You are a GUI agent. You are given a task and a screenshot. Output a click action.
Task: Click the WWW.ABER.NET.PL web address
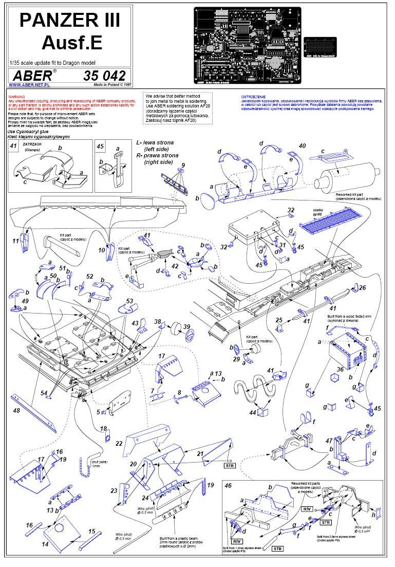[29, 85]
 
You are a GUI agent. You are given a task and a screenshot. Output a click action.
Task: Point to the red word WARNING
[16, 97]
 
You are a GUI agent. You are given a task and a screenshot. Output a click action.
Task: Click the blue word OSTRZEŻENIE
[254, 97]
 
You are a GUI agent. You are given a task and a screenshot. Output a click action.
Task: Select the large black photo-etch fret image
[246, 45]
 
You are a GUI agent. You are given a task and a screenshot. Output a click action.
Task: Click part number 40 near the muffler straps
[302, 146]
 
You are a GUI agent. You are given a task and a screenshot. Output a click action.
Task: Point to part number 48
[17, 410]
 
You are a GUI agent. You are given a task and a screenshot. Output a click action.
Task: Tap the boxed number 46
[228, 485]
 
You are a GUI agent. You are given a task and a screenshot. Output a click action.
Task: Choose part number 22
[119, 443]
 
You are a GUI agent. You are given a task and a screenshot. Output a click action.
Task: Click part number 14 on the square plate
[45, 543]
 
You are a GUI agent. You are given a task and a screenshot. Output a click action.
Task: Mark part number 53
[129, 301]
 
